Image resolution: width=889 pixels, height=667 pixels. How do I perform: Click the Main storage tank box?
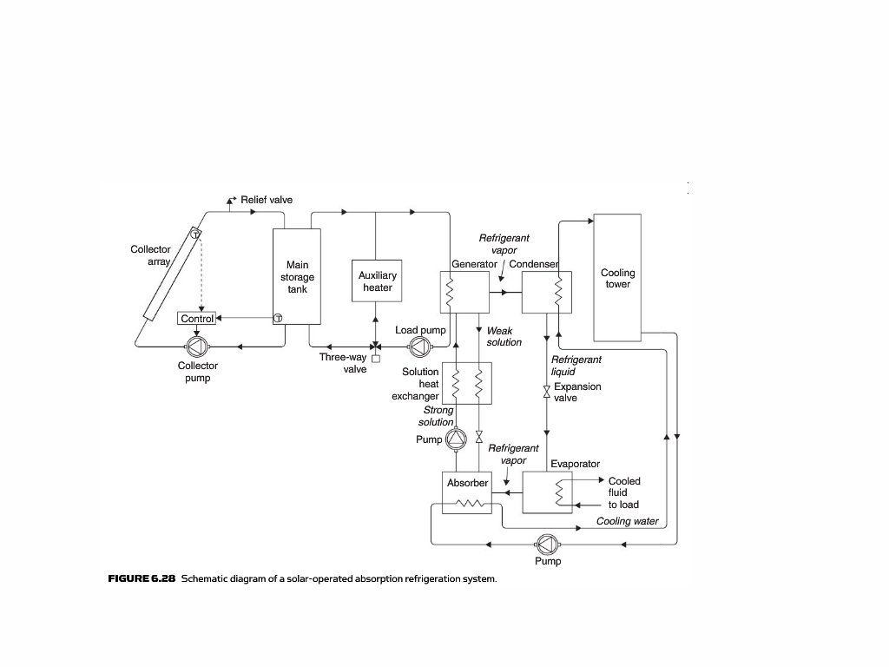point(297,277)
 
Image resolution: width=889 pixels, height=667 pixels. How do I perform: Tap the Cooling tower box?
point(617,278)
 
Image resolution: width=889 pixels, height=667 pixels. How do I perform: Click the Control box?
point(197,319)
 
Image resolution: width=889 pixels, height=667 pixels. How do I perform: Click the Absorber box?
point(466,493)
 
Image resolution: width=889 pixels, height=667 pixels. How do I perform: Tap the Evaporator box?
point(547,492)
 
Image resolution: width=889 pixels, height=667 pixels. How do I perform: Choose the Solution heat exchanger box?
point(467,383)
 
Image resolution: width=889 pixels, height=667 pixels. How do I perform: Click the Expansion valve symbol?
point(546,393)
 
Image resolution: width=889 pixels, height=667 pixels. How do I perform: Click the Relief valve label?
point(267,200)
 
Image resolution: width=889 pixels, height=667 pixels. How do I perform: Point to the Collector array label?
point(151,255)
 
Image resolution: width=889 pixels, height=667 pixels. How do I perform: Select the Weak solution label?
point(504,336)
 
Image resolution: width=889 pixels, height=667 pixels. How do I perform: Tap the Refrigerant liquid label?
point(576,365)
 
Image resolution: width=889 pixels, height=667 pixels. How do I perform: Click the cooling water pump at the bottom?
point(547,544)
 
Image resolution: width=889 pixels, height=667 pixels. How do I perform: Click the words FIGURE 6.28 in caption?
point(141,578)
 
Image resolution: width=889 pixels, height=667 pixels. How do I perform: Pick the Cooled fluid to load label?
point(623,492)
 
